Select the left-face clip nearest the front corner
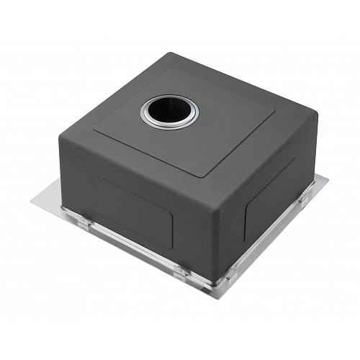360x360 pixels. click(181, 271)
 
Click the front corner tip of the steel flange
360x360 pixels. click(213, 299)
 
